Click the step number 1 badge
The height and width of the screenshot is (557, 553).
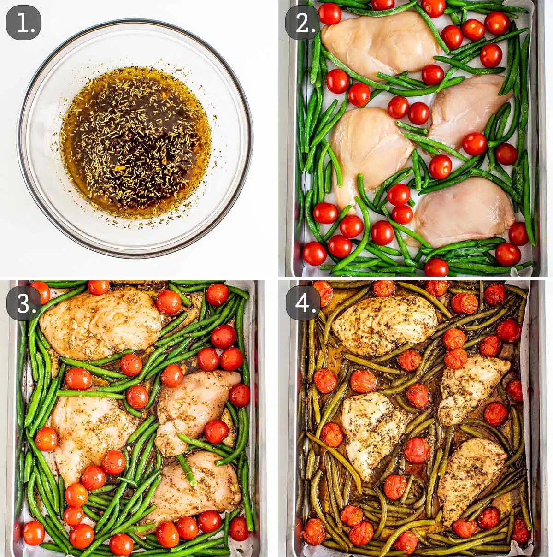[23, 23]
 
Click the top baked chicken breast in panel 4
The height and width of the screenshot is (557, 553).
[385, 325]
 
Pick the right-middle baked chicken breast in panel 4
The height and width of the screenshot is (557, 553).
[472, 387]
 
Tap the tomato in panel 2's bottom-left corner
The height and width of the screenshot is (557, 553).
[315, 253]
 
